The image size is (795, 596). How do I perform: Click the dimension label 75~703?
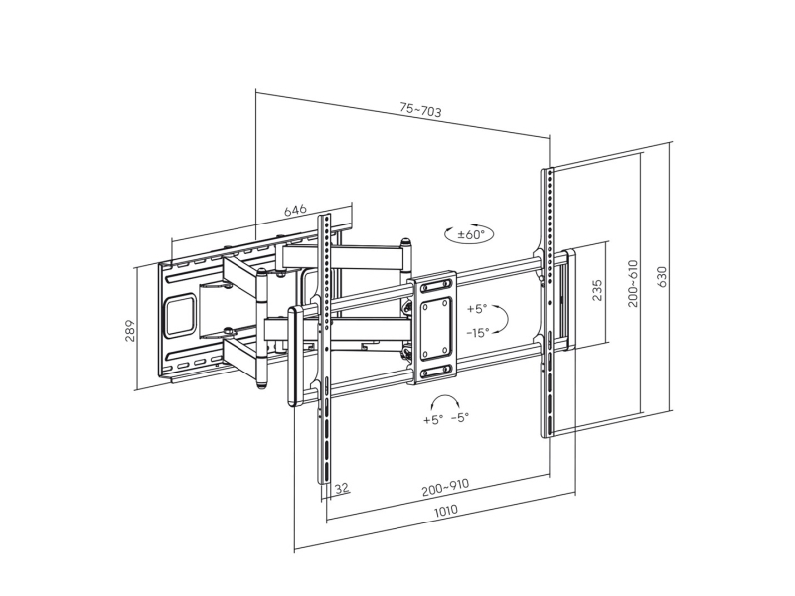[x=420, y=110]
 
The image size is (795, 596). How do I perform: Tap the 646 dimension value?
[x=295, y=211]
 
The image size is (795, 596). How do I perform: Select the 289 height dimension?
[x=130, y=330]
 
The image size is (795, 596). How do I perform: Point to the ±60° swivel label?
[x=470, y=235]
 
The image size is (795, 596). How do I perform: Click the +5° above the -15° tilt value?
[x=477, y=309]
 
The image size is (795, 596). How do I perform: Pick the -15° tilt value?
[x=478, y=333]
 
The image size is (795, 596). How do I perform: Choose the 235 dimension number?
[x=597, y=291]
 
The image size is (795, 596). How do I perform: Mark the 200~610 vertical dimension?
[x=633, y=283]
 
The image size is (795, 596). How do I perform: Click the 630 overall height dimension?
[x=663, y=274]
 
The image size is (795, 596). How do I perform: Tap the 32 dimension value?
[x=341, y=488]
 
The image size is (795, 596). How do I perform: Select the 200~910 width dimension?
[x=445, y=489]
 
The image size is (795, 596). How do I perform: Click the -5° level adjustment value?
[x=459, y=418]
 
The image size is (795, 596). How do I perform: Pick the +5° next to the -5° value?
[x=432, y=419]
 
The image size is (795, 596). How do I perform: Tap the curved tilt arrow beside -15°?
[x=502, y=320]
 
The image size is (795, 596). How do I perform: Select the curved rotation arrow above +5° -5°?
[x=445, y=399]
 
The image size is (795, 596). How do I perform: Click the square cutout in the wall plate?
[x=180, y=313]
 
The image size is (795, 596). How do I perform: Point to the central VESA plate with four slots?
[x=434, y=326]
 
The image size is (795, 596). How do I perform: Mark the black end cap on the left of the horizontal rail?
[x=294, y=357]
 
